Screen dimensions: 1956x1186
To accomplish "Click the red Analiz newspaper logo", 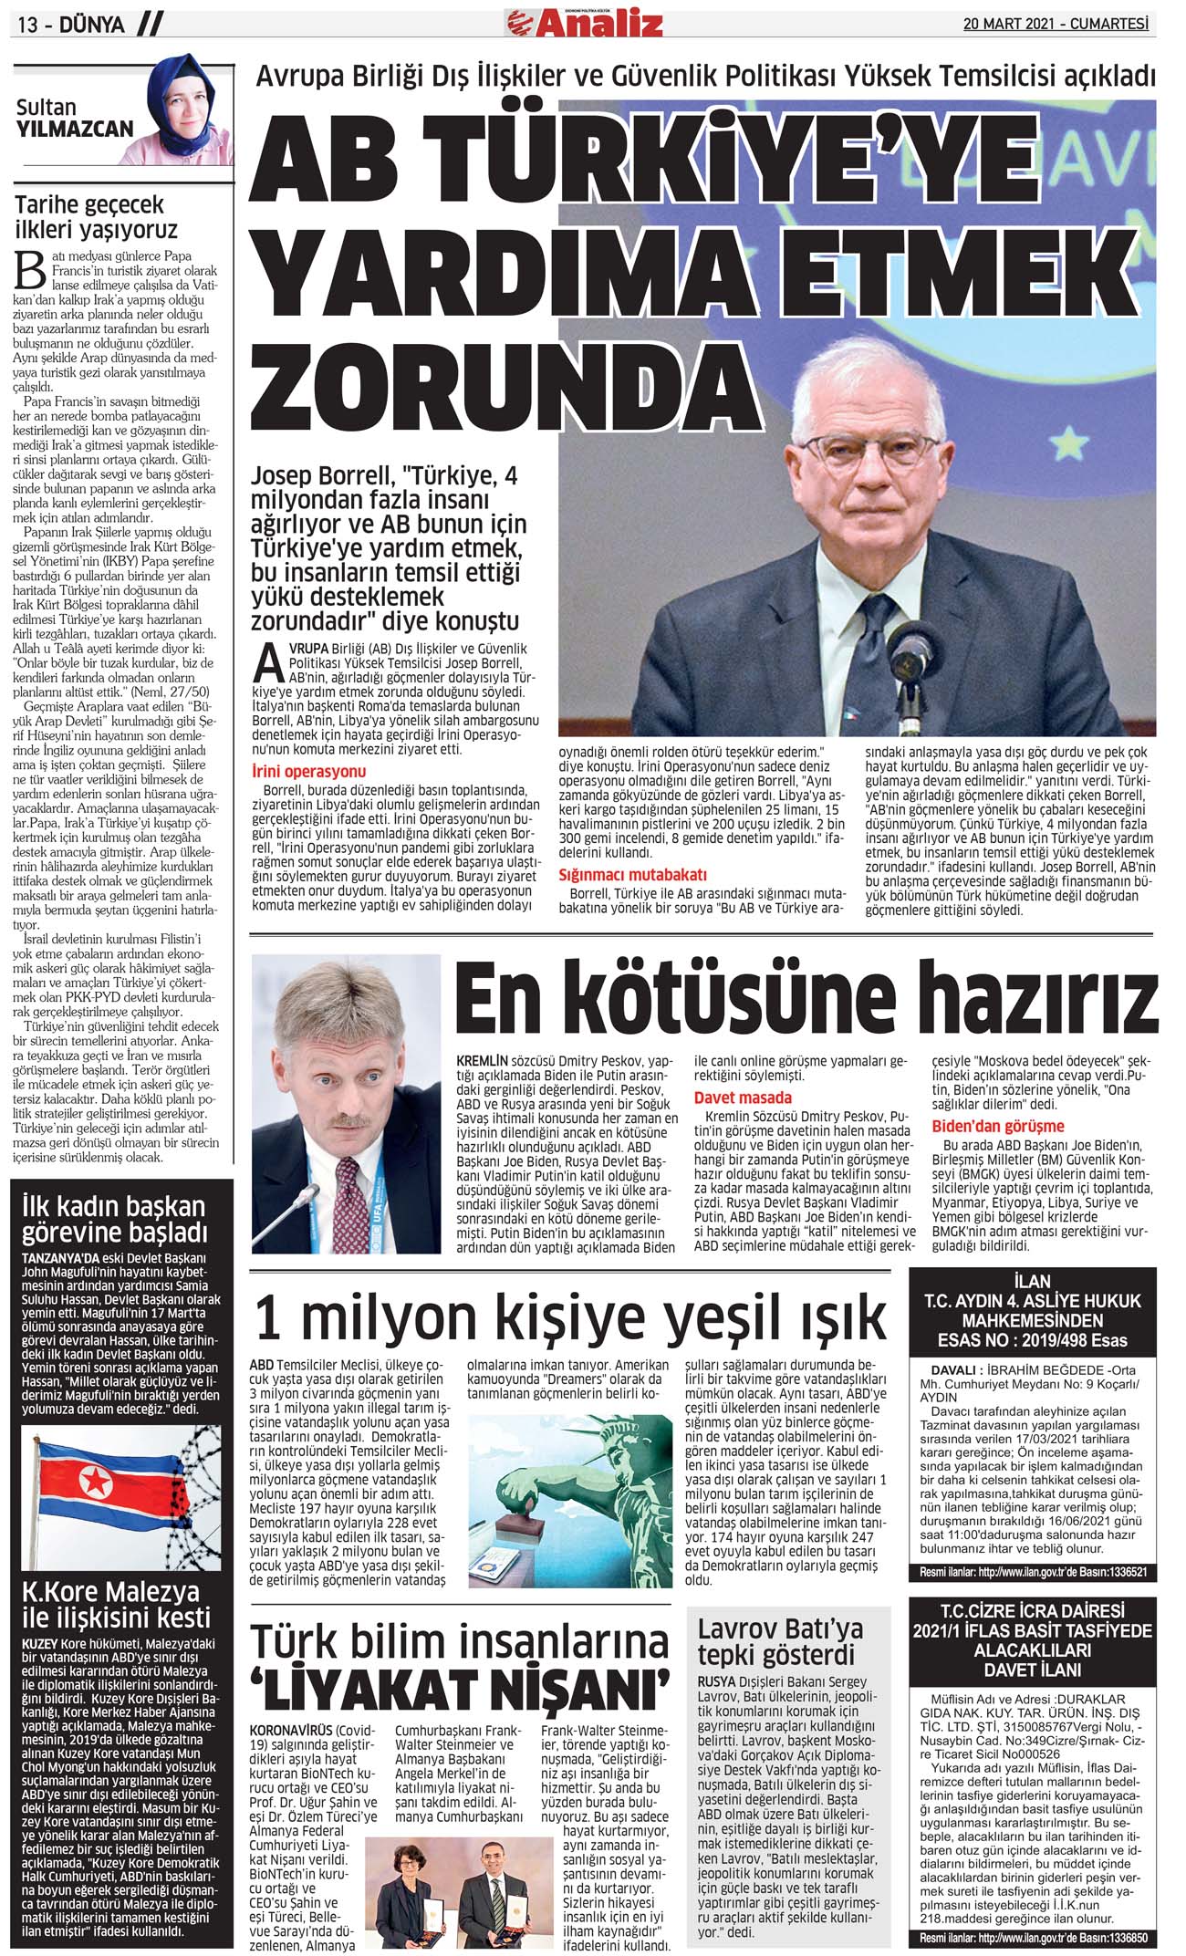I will pos(597,23).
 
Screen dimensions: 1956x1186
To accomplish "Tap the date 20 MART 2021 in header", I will pos(1007,25).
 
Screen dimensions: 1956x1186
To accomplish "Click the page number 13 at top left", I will pos(28,26).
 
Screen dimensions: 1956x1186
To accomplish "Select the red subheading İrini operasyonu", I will pos(308,772).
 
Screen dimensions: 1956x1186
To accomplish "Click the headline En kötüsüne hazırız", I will pos(806,997).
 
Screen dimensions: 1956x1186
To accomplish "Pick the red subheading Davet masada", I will pos(743,1098).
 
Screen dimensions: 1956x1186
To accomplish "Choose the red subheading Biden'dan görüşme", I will pos(997,1126).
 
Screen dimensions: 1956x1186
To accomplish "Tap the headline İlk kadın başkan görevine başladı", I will pos(113,1219).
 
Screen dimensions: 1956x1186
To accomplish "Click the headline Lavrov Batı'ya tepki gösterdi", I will pos(780,1641).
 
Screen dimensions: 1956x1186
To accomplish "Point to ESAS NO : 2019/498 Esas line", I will pos(1032,1340).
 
